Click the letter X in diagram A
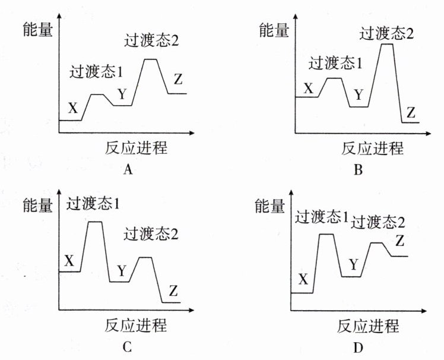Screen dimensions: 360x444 72,108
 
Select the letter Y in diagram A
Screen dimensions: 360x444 122,94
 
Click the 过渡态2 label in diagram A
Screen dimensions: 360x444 151,42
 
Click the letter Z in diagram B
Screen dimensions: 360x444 411,112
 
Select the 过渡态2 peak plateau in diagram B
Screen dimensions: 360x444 387,44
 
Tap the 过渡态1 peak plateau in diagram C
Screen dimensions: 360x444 95,222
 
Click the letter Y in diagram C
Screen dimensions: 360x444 122,271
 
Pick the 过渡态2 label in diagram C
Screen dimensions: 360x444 151,233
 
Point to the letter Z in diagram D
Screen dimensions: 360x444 399,241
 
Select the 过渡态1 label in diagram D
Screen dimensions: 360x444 322,217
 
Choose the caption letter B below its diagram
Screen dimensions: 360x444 358,170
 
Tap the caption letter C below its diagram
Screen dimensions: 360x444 128,348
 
